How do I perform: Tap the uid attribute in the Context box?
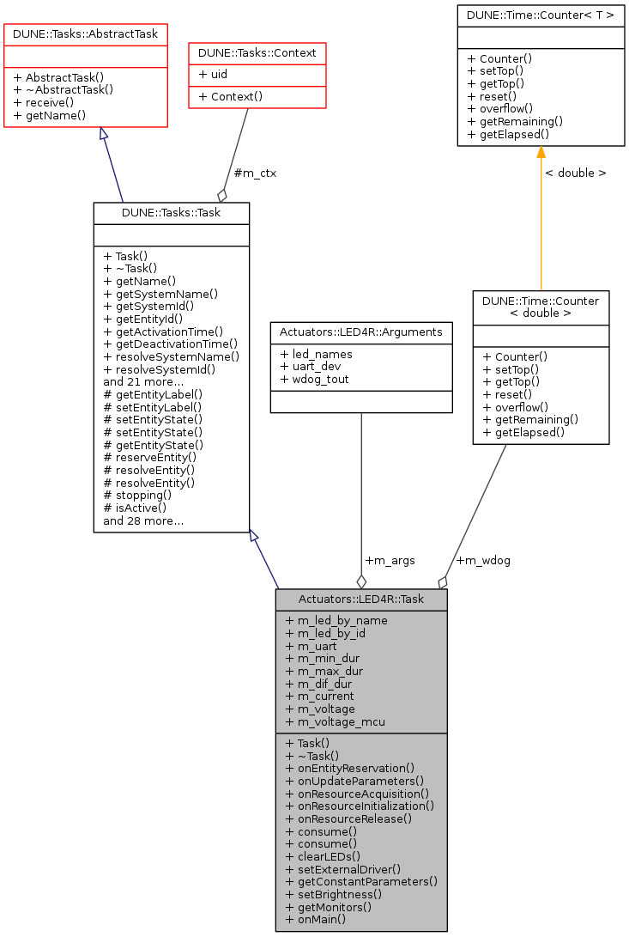[x=213, y=75]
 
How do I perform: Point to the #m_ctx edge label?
[x=255, y=173]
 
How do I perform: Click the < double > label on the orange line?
[x=575, y=173]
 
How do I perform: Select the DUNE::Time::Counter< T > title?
[x=541, y=15]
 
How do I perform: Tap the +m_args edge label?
[x=390, y=560]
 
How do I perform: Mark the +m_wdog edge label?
[x=482, y=560]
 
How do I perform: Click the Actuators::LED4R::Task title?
[x=361, y=599]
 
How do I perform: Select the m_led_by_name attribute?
[x=336, y=620]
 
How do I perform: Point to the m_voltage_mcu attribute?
[x=335, y=721]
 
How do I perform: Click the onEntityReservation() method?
[x=350, y=768]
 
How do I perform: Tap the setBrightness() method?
[x=334, y=894]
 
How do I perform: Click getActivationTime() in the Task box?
[x=163, y=331]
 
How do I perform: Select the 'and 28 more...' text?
[x=143, y=520]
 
